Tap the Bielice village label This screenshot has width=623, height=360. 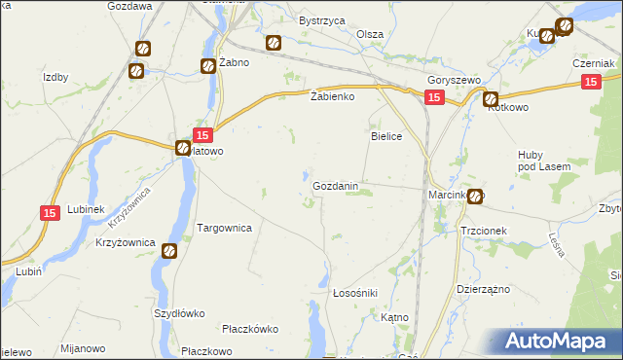pos(386,137)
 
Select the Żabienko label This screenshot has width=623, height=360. pos(332,97)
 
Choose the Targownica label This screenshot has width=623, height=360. pos(225,228)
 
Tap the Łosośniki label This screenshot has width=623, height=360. pos(355,292)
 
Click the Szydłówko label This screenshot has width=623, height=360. pos(179,313)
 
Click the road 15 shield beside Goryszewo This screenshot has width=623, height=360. pos(434,97)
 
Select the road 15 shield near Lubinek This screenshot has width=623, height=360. pos(51,213)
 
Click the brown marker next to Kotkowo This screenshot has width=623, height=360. pos(491,98)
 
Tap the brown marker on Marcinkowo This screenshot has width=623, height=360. pos(474,196)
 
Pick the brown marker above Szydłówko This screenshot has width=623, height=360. pos(168,250)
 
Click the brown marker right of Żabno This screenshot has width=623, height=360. pos(274,43)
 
